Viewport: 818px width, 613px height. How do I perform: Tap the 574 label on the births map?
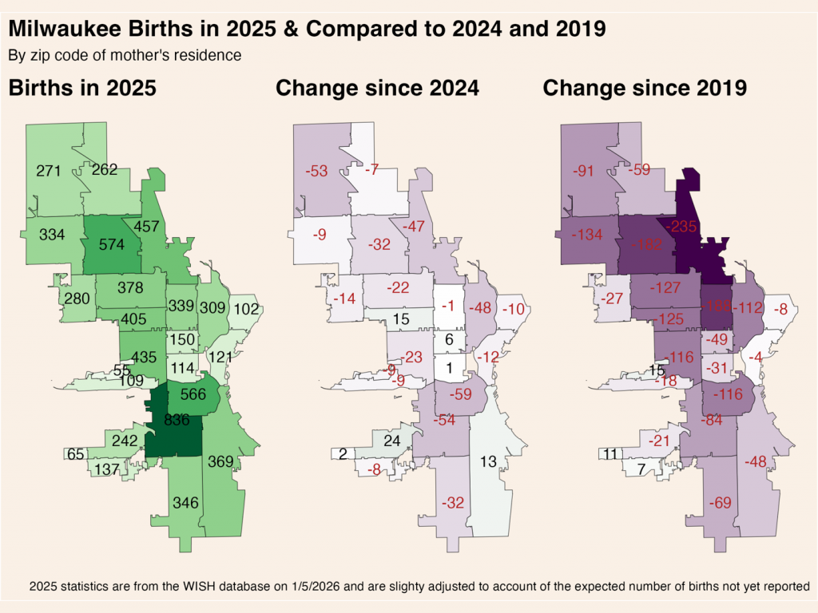112,245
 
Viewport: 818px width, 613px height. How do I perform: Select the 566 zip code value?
193,394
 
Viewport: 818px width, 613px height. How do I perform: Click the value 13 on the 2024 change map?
490,461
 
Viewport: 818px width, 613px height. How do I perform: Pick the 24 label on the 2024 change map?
392,441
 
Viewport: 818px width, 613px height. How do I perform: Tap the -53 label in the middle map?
318,171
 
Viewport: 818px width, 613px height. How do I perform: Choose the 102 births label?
247,309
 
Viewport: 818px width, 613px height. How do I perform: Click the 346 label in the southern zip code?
186,502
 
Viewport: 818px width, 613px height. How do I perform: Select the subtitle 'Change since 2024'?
377,89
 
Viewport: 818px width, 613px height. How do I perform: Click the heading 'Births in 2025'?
81,89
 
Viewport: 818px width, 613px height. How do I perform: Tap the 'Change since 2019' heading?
645,89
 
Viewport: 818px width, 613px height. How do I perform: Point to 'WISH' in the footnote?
210,587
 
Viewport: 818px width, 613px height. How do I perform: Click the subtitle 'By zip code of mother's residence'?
125,56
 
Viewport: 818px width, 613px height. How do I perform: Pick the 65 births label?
76,454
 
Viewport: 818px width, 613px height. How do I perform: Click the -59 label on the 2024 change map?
460,394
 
